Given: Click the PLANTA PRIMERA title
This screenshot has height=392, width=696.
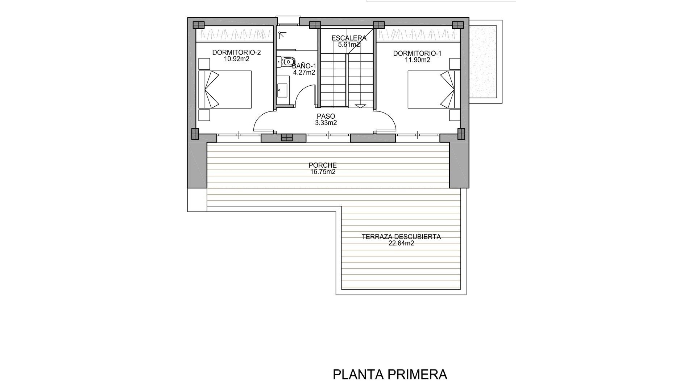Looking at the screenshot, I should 390,375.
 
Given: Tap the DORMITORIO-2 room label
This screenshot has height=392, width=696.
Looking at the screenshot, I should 236,53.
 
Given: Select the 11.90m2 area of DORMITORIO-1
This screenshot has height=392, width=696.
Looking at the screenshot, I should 417,60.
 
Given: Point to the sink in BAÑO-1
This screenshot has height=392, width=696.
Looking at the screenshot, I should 282,90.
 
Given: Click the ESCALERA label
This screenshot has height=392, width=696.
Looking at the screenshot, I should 349,38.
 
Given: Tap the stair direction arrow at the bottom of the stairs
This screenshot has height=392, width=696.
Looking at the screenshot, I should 360,106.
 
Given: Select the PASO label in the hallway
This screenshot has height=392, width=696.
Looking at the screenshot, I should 326,116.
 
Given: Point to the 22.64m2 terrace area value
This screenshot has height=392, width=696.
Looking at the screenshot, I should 401,244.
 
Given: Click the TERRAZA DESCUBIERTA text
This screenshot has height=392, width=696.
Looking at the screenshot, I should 401,237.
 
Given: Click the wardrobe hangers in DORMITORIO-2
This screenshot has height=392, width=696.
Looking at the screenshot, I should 235,35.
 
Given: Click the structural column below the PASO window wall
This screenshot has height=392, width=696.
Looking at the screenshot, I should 286,138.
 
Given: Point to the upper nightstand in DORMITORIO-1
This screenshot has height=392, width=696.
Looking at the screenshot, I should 455,64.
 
